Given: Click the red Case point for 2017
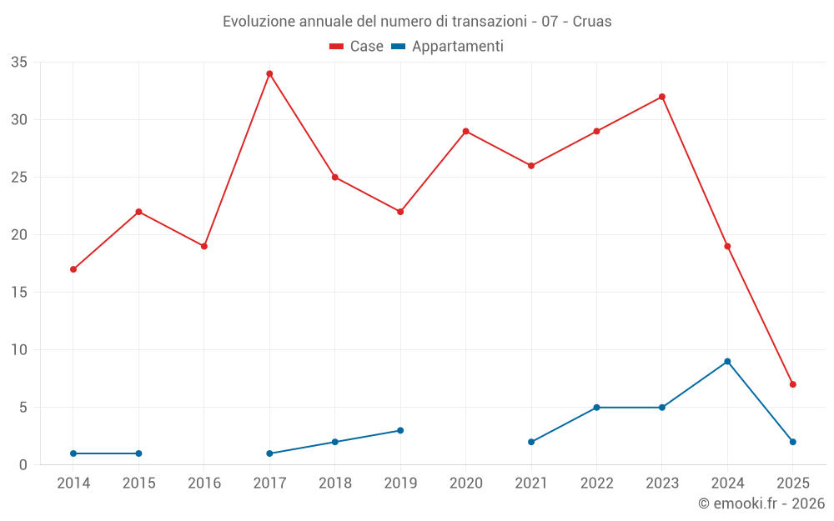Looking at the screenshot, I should pyautogui.click(x=269, y=73).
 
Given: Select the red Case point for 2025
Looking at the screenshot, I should pyautogui.click(x=792, y=384).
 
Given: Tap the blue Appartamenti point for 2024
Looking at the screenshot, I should pyautogui.click(x=727, y=361).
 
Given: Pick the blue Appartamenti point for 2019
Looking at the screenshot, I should pyautogui.click(x=400, y=430).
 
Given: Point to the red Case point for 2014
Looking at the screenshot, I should pyautogui.click(x=73, y=269).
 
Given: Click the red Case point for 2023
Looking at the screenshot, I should pyautogui.click(x=662, y=97).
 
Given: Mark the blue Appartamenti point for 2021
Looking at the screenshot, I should pyautogui.click(x=531, y=442).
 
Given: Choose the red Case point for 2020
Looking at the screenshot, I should pyautogui.click(x=465, y=131).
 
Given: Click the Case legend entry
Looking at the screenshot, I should pyautogui.click(x=356, y=47).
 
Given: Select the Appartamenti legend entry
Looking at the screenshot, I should pyautogui.click(x=448, y=47).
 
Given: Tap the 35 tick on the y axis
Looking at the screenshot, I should pyautogui.click(x=19, y=63).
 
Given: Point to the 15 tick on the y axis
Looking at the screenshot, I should pyautogui.click(x=19, y=293).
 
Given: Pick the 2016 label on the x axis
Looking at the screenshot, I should pyautogui.click(x=204, y=483).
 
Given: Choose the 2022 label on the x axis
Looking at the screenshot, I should pyautogui.click(x=596, y=483).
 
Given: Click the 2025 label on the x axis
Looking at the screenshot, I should pyautogui.click(x=792, y=483).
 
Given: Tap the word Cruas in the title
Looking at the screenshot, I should pyautogui.click(x=592, y=22).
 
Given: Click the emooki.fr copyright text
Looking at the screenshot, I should pyautogui.click(x=761, y=503).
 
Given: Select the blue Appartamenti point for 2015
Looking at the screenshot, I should pyautogui.click(x=138, y=453).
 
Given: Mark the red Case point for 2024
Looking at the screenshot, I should pyautogui.click(x=727, y=246).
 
